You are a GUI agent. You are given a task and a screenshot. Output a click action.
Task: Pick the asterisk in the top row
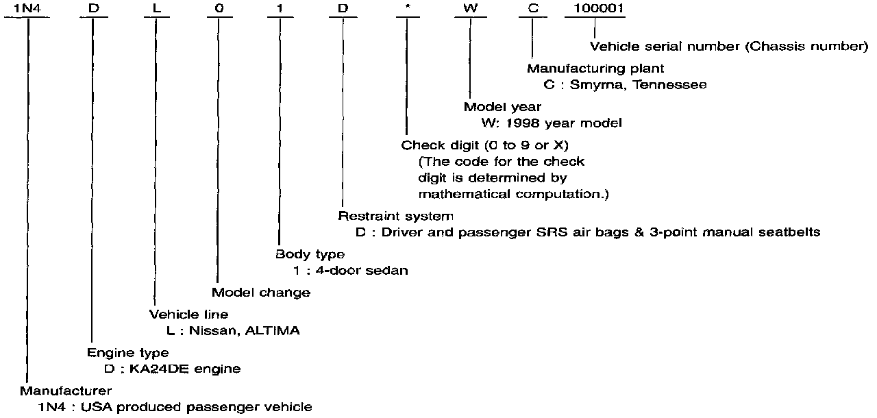[406, 8]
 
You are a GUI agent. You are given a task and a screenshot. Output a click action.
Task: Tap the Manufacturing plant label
[595, 69]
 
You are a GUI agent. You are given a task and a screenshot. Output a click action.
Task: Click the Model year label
[502, 107]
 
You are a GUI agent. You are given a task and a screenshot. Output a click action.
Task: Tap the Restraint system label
[395, 216]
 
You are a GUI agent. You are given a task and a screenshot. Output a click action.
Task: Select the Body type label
[310, 254]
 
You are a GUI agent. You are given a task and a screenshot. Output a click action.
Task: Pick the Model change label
[260, 293]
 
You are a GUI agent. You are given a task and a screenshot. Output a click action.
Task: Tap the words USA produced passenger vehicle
[196, 407]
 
